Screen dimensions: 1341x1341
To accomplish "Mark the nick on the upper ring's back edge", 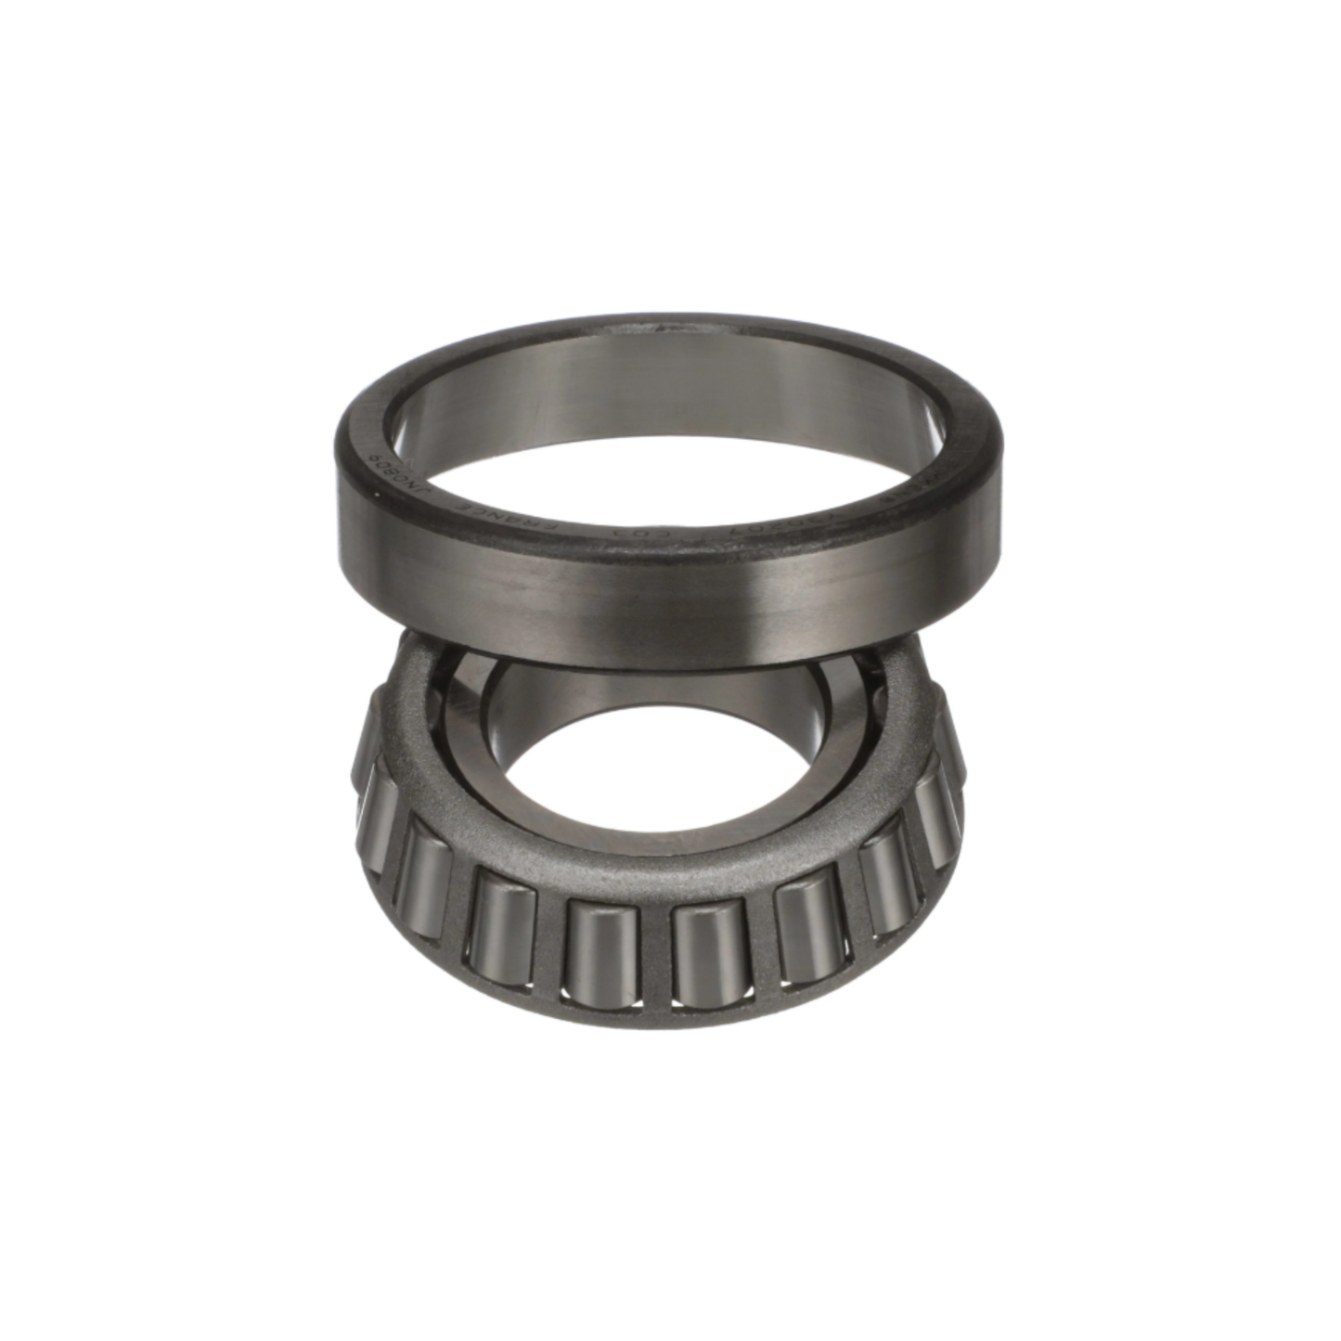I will [661, 328].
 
